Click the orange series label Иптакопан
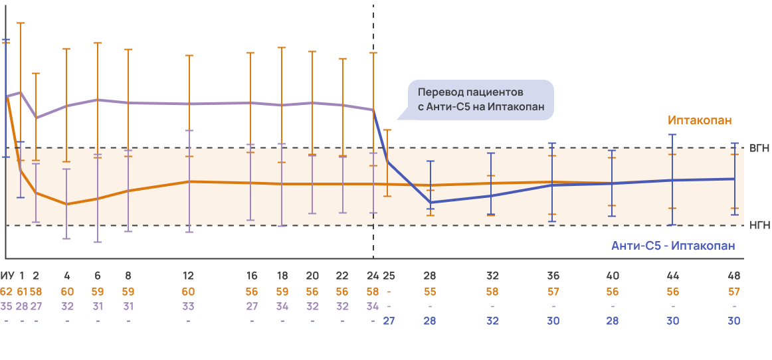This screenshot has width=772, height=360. tap(700, 121)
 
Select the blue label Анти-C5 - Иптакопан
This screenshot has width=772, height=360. tap(673, 246)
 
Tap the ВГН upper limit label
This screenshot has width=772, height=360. tap(759, 148)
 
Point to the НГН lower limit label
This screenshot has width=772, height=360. tap(759, 225)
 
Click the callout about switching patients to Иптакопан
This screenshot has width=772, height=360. tap(480, 100)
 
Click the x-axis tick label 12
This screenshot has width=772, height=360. tap(189, 276)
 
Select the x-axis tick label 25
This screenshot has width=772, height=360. tap(389, 276)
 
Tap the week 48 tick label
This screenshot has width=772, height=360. tap(733, 276)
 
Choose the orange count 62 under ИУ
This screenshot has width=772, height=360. tap(7, 291)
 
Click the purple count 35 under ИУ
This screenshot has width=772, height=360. tap(7, 306)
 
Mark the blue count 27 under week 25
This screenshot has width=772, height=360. tap(389, 320)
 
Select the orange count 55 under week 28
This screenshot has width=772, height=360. tap(431, 291)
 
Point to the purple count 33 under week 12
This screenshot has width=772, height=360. tap(189, 306)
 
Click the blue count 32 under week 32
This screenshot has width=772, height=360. tap(492, 320)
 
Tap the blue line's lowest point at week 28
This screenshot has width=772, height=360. tap(431, 202)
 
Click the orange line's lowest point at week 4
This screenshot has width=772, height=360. tap(66, 204)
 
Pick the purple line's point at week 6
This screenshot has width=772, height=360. tap(98, 100)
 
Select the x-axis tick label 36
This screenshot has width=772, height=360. tap(553, 276)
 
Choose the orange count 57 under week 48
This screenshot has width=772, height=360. tap(733, 291)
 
